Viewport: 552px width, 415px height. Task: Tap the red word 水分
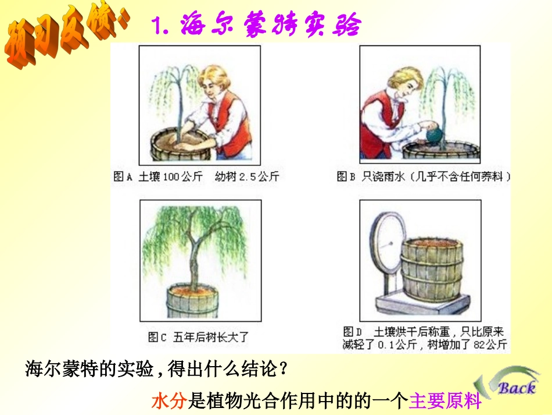[168, 401]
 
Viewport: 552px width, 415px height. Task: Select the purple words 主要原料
[446, 401]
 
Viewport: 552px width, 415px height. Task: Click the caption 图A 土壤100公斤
[157, 176]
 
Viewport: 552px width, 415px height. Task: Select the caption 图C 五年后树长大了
[198, 336]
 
